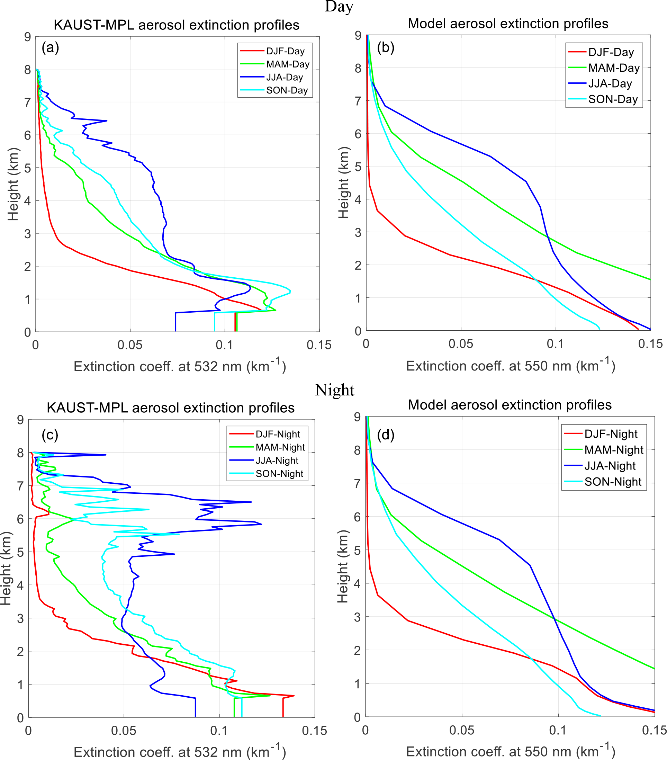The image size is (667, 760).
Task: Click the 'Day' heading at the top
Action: tap(339, 7)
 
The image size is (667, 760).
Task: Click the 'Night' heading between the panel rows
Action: tap(334, 390)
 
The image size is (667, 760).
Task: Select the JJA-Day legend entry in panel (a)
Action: tap(285, 77)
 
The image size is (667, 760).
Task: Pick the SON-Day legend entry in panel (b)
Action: tap(613, 99)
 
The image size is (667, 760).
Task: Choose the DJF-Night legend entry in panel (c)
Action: tap(278, 434)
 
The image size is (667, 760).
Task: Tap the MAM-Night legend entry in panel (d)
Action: tap(613, 450)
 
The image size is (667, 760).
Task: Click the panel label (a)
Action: tap(50, 47)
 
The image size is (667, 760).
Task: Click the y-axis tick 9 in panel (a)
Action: tap(27, 37)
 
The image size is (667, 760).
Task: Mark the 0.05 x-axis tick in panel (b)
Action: tap(461, 344)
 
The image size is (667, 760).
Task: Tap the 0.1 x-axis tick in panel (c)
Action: tap(219, 731)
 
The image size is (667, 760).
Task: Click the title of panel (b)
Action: tap(508, 24)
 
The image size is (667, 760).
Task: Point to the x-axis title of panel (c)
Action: tap(180, 751)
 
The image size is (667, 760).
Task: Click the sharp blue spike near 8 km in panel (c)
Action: tap(105, 455)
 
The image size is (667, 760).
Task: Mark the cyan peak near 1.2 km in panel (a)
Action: tap(290, 292)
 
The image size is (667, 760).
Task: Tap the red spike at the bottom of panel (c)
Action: tap(294, 695)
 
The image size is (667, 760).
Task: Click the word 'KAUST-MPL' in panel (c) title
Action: tap(87, 408)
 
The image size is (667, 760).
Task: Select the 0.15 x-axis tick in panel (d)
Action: tap(654, 730)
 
